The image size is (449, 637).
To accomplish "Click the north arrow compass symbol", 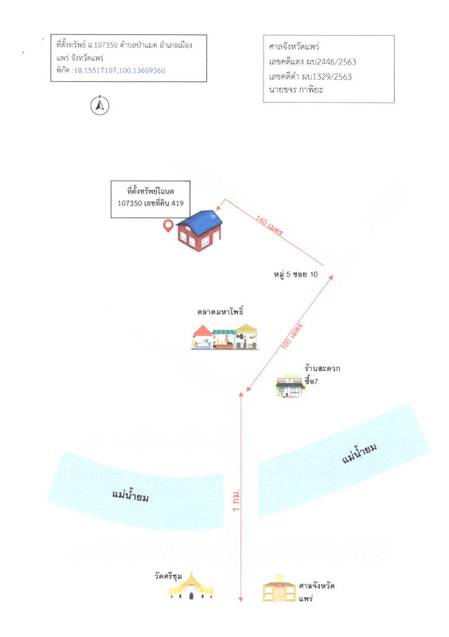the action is click(x=100, y=106).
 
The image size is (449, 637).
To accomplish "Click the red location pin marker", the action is click(x=168, y=226).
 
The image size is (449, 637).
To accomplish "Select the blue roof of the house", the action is click(x=201, y=222).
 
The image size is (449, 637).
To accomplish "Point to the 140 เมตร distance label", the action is click(x=269, y=225).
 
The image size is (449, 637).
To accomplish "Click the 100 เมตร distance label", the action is click(x=292, y=336).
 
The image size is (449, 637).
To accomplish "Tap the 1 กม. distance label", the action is click(x=236, y=501).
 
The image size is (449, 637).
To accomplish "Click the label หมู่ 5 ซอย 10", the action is click(x=295, y=274).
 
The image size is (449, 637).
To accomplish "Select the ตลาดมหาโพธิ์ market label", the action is click(x=221, y=312).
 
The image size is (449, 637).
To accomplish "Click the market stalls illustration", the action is click(x=225, y=337).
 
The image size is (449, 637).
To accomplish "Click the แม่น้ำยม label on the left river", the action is click(x=131, y=495).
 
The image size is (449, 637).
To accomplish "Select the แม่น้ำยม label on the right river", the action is click(x=359, y=453).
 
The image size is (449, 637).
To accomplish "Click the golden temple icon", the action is click(x=191, y=586).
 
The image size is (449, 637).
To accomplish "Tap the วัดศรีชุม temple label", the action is click(x=168, y=576).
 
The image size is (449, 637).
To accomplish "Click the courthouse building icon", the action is click(x=279, y=588).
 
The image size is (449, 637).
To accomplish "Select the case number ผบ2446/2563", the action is click(x=329, y=62).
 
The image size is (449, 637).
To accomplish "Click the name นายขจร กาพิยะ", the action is click(x=296, y=90).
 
